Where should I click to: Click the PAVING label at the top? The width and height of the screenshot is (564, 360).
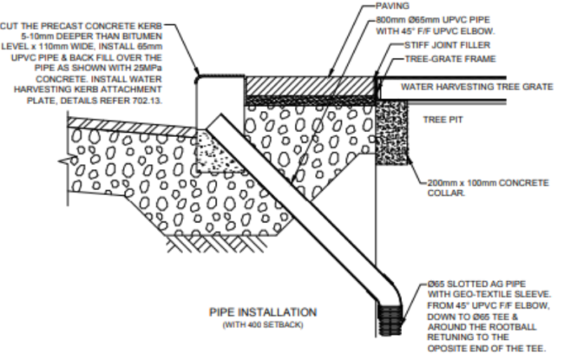pyautogui.click(x=392, y=6)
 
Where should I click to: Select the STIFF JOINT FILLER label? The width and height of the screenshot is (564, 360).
pyautogui.click(x=448, y=45)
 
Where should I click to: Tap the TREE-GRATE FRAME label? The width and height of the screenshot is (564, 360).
pyautogui.click(x=450, y=59)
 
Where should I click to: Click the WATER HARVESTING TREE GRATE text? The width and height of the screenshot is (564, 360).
pyautogui.click(x=477, y=87)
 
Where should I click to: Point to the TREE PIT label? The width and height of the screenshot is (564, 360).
pyautogui.click(x=443, y=120)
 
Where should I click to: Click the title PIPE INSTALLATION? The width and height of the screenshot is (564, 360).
pyautogui.click(x=263, y=311)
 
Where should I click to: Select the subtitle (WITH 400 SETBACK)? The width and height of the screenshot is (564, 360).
pyautogui.click(x=263, y=324)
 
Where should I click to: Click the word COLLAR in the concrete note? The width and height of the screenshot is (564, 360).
pyautogui.click(x=446, y=193)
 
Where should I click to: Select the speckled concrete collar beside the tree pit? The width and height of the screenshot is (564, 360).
pyautogui.click(x=392, y=133)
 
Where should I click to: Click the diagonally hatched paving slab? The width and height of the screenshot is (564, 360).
pyautogui.click(x=310, y=86)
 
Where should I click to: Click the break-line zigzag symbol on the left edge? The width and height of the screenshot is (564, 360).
pyautogui.click(x=66, y=161)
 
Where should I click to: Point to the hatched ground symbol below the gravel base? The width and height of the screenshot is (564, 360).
pyautogui.click(x=217, y=244)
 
